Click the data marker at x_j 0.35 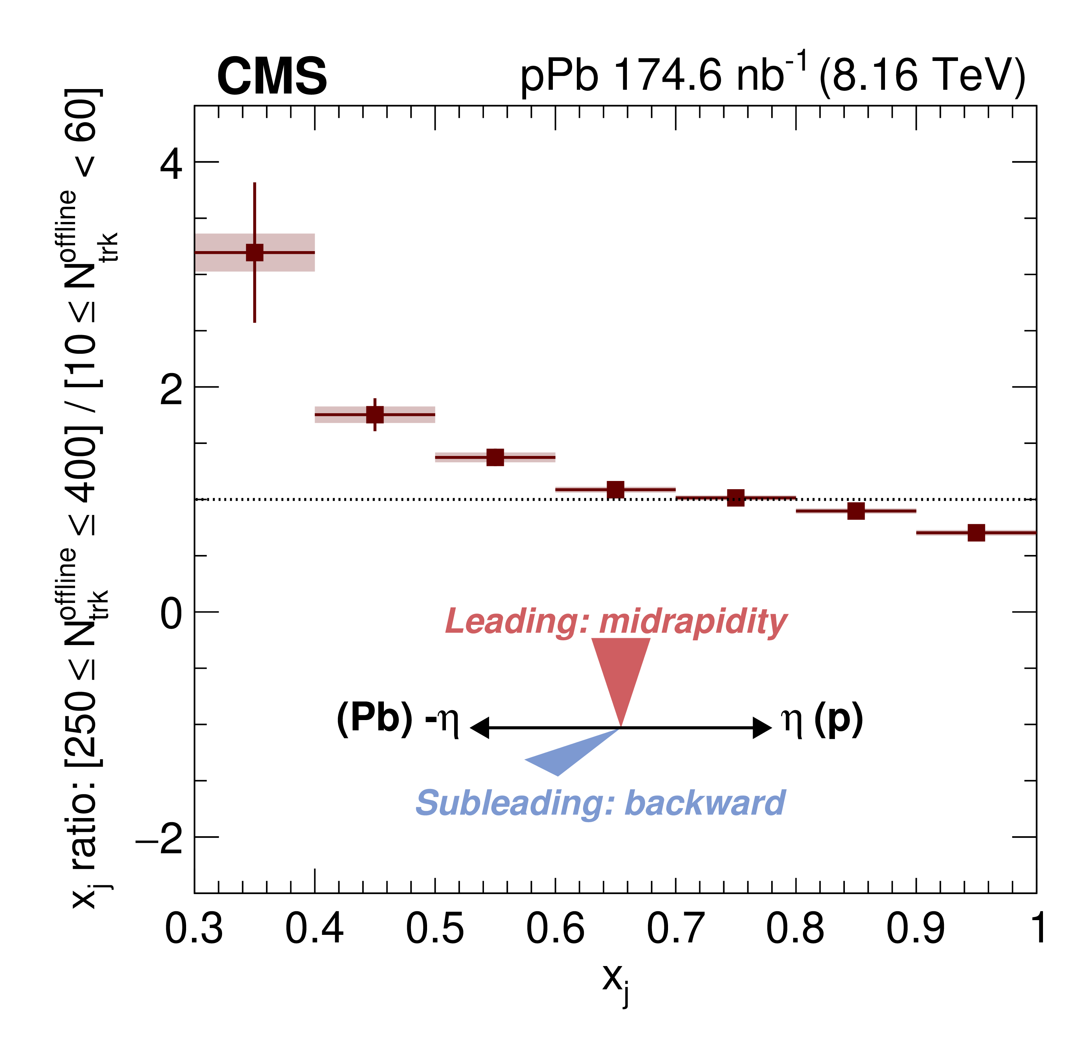click(255, 252)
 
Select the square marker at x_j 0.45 click(375, 414)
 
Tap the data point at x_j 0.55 click(495, 457)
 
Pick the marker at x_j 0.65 click(616, 490)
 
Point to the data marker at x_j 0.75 click(736, 498)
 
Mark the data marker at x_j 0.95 click(976, 533)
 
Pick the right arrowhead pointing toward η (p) click(763, 728)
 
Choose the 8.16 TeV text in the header click(922, 76)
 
